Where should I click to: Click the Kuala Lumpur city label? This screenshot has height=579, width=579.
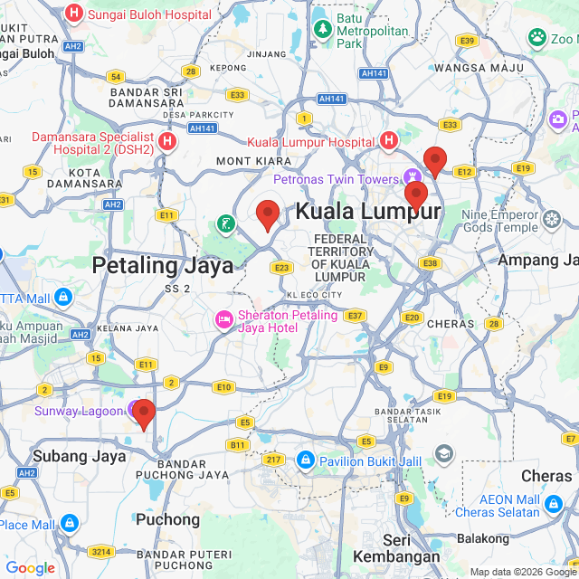click(x=368, y=212)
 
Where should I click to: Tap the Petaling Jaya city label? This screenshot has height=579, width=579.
click(x=163, y=264)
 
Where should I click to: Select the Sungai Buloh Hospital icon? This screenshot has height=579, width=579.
click(x=74, y=14)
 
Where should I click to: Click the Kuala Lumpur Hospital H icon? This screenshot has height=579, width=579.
click(x=389, y=141)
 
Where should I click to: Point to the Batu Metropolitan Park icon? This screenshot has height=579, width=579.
click(x=322, y=30)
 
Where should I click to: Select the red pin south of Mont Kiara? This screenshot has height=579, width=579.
click(x=268, y=214)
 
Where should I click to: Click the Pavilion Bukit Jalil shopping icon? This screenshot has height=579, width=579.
click(x=306, y=460)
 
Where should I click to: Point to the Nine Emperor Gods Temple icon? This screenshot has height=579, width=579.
click(x=552, y=219)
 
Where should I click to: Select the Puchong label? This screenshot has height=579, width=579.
click(x=167, y=519)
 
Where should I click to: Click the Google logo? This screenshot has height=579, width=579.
click(x=30, y=568)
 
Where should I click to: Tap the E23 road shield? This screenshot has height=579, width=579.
click(x=281, y=267)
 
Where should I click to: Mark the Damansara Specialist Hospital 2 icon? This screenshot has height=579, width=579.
click(x=166, y=141)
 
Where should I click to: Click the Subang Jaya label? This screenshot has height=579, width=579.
click(x=79, y=456)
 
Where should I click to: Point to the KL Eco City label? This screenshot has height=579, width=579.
click(x=314, y=295)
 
